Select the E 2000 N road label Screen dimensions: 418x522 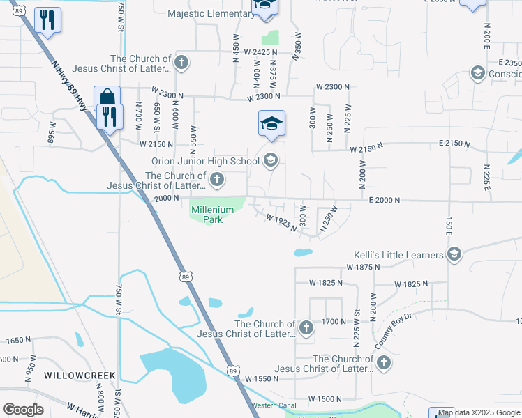(x=384, y=200)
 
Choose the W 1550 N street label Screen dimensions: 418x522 (x=262, y=378)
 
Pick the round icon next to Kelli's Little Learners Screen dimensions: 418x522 (x=454, y=254)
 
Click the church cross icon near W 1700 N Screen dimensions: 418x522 (x=306, y=327)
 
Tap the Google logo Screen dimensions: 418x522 (x=24, y=409)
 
